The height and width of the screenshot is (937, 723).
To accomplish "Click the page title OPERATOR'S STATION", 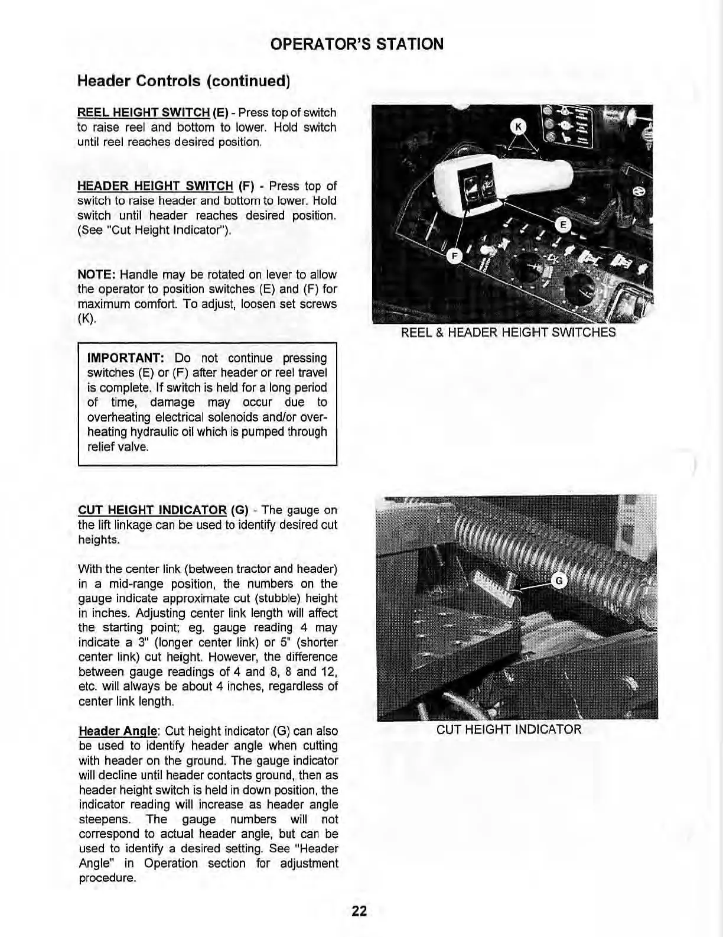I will tap(356, 44).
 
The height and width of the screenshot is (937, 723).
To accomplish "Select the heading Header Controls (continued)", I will tap(183, 80).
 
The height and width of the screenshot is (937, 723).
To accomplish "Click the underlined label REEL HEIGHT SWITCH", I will tap(144, 112).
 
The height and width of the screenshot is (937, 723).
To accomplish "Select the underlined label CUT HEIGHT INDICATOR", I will tap(152, 510).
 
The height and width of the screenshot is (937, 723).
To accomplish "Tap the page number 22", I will tap(359, 911).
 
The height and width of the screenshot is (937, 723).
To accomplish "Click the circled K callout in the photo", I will tap(518, 127).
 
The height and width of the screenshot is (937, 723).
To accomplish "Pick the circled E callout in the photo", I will tap(563, 224).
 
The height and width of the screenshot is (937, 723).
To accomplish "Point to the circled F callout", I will tap(454, 256).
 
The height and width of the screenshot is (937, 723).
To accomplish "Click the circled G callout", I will tap(559, 581).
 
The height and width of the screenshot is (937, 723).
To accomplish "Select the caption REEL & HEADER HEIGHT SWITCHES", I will tap(508, 332).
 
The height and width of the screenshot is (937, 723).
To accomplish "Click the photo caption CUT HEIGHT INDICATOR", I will tap(509, 729).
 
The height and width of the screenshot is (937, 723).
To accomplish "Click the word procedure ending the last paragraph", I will tap(106, 878).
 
